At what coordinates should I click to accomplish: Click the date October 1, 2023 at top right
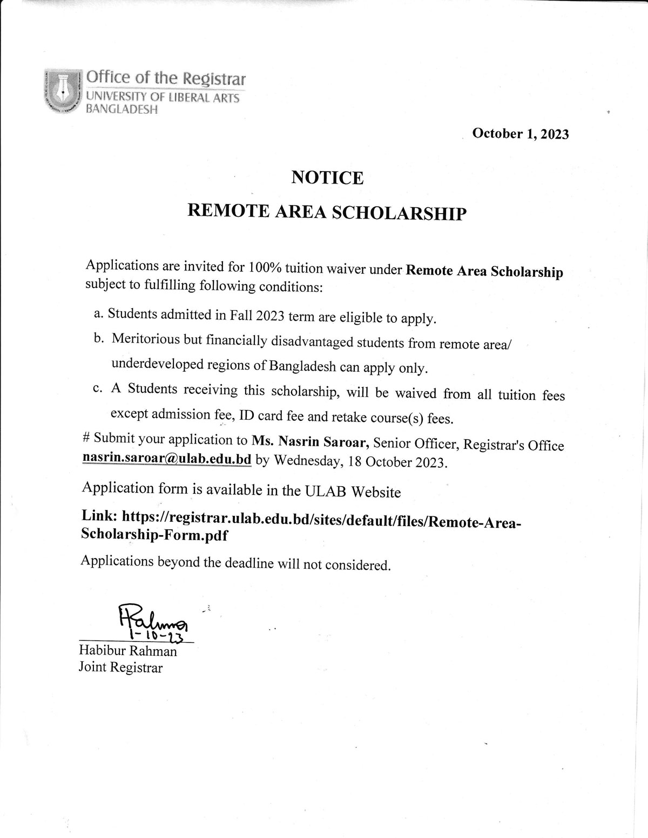520,134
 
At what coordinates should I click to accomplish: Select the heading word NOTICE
327,177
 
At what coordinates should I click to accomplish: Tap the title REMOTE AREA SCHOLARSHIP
326,213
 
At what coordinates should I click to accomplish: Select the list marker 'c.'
98,390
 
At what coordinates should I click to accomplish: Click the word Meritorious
147,339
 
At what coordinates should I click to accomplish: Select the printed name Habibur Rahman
128,651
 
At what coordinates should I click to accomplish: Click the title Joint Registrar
120,668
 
